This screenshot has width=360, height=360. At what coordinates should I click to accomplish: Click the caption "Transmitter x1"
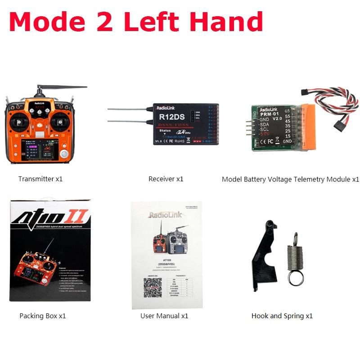click(x=40, y=179)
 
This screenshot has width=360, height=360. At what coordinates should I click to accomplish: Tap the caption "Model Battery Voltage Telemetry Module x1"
click(x=290, y=179)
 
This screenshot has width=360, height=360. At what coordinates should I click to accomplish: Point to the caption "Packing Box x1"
click(x=43, y=316)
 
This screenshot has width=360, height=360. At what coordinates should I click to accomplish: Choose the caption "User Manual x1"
click(x=164, y=316)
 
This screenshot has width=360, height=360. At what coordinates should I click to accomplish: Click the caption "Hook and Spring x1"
click(x=282, y=316)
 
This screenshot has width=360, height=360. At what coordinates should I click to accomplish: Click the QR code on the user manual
click(x=153, y=287)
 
